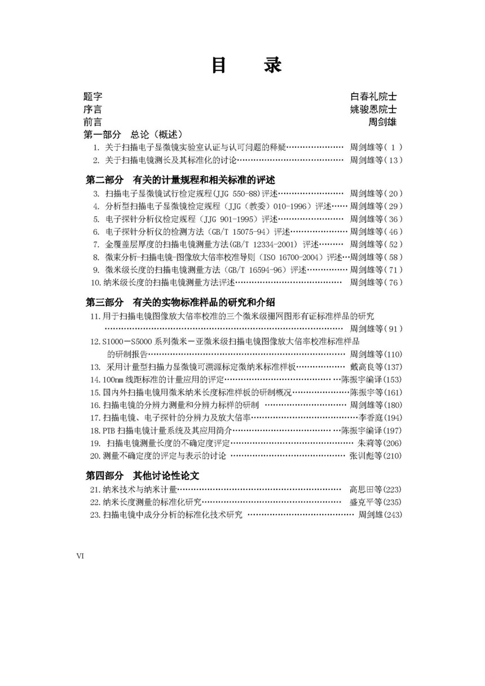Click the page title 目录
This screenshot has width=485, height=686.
tap(246, 65)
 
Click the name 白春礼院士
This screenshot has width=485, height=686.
tap(373, 96)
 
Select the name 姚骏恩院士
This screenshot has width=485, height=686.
tap(373, 109)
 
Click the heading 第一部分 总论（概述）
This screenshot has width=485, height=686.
tap(133, 135)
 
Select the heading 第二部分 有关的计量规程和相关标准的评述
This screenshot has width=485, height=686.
tap(180, 180)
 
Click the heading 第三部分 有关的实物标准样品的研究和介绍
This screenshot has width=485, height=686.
tap(180, 302)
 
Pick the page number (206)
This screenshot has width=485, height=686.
tap(393, 443)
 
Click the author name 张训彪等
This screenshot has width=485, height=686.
tap(367, 456)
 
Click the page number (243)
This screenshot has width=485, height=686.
tap(393, 514)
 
